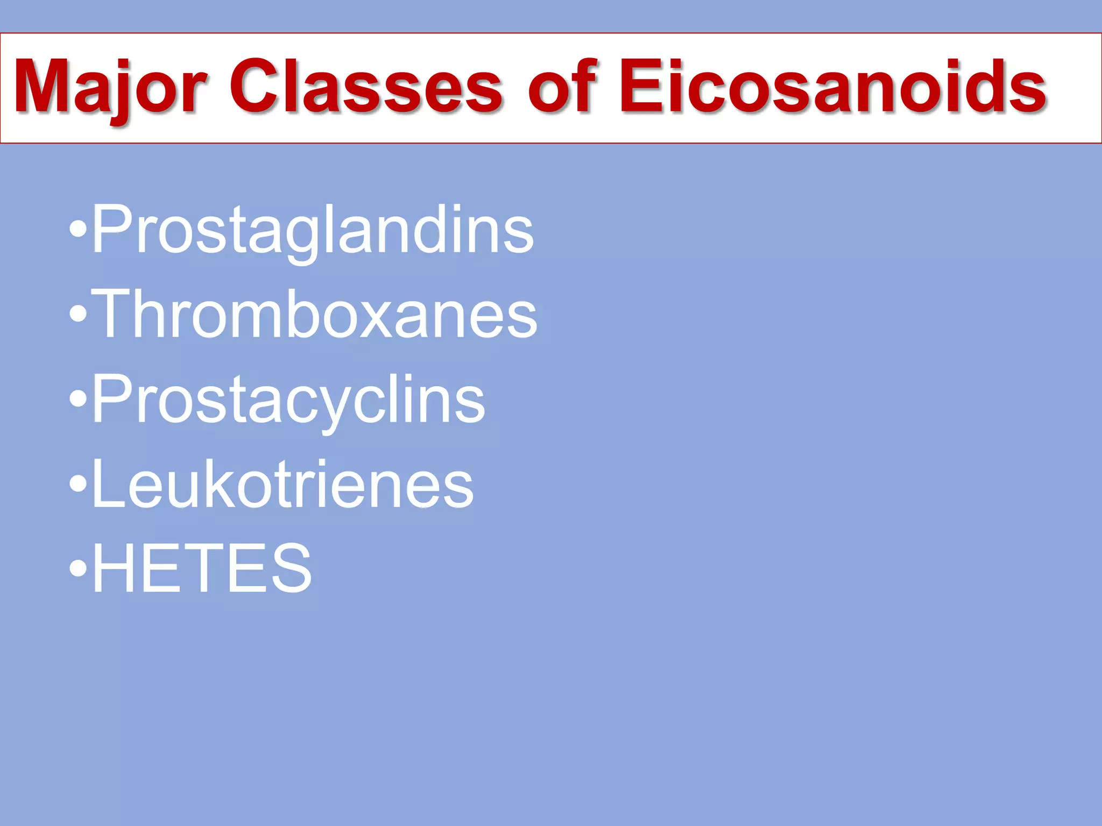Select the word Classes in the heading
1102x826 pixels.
(366, 87)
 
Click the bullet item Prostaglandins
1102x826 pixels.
(313, 230)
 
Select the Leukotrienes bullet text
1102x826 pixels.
(283, 484)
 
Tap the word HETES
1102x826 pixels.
(202, 568)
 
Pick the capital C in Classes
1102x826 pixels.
(256, 87)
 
